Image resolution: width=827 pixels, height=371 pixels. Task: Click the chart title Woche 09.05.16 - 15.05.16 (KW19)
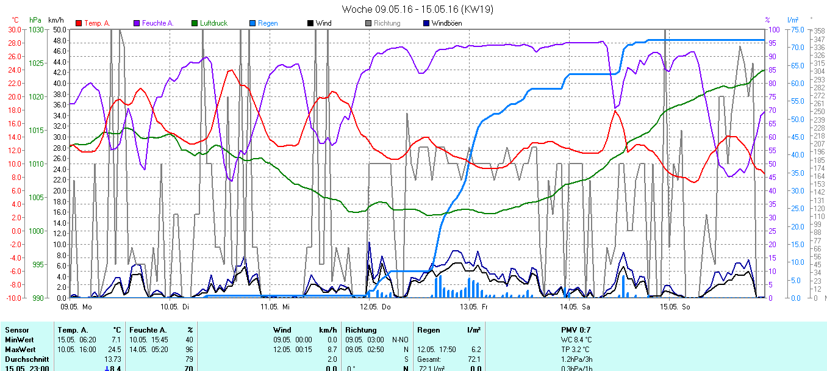point(417,9)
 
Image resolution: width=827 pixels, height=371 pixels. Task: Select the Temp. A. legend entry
point(96,23)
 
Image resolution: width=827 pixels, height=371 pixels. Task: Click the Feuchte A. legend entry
point(157,23)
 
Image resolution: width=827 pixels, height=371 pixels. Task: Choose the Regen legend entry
point(267,23)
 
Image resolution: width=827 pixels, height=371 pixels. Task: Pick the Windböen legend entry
point(446,23)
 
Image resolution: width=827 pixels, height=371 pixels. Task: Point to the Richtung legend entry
point(387,23)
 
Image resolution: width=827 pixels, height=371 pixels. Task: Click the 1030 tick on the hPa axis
point(36,29)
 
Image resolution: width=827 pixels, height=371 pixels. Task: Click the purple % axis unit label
point(767,20)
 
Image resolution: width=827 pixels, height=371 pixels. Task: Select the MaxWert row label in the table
point(20,349)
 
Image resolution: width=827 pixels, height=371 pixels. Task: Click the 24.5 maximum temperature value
point(115,349)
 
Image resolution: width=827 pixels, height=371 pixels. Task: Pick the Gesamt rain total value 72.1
point(474,359)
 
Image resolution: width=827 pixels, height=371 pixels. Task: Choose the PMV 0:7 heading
point(576,330)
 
